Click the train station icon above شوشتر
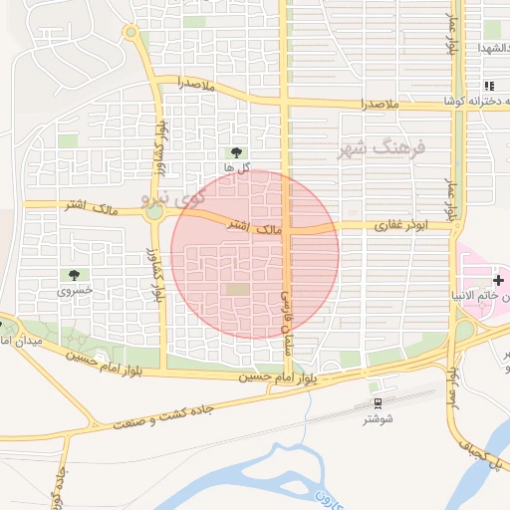tap(378, 402)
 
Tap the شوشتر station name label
tap(380, 419)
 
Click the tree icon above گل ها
tap(235, 152)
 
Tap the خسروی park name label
tap(74, 291)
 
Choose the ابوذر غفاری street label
tap(399, 226)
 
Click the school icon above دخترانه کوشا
tap(488, 87)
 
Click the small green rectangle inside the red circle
tap(237, 289)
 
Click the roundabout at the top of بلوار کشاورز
tap(130, 33)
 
